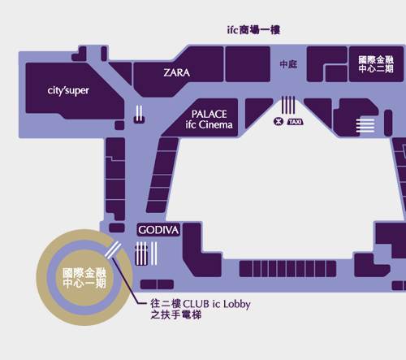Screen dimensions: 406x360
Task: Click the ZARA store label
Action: tap(176, 72)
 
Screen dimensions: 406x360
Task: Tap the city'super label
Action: tap(68, 91)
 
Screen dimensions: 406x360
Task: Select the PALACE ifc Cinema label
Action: tap(209, 119)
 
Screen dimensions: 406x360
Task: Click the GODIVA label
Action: tap(158, 230)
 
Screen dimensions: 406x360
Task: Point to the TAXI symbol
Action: tap(295, 122)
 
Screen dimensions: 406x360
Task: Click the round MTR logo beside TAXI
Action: tap(279, 121)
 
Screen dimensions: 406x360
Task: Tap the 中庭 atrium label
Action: tap(288, 64)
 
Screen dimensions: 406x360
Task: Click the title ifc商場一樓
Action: tap(253, 30)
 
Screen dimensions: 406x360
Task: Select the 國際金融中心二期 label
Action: tap(376, 64)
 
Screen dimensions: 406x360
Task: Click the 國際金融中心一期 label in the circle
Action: tap(84, 278)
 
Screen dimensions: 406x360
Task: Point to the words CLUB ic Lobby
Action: tap(217, 304)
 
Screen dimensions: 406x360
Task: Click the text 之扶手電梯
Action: tap(176, 314)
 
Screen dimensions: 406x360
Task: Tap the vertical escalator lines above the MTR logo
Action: tap(288, 105)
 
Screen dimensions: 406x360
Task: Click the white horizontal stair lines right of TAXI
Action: tap(365, 125)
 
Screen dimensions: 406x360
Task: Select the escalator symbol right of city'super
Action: tap(139, 114)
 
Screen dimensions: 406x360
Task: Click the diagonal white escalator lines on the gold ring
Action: tap(113, 250)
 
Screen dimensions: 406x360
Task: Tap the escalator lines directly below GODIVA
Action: tap(146, 254)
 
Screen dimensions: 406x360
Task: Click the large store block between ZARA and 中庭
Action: tap(248, 64)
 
